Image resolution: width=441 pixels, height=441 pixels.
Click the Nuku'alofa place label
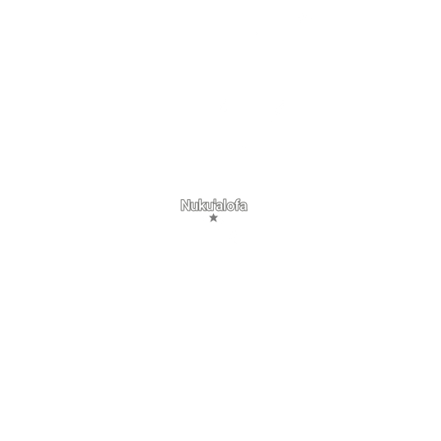point(214,205)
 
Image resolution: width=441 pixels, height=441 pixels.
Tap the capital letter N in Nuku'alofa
point(186,205)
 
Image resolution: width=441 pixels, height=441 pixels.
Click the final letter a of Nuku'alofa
point(243,207)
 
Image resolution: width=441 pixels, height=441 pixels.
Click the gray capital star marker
point(214,218)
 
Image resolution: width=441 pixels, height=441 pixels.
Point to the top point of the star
point(214,214)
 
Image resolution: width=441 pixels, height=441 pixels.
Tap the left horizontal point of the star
point(210,217)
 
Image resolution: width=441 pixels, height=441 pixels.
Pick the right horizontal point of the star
point(218,217)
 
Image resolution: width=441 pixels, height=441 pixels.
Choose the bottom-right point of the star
point(216,221)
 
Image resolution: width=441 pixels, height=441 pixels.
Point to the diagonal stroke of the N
point(186,205)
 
